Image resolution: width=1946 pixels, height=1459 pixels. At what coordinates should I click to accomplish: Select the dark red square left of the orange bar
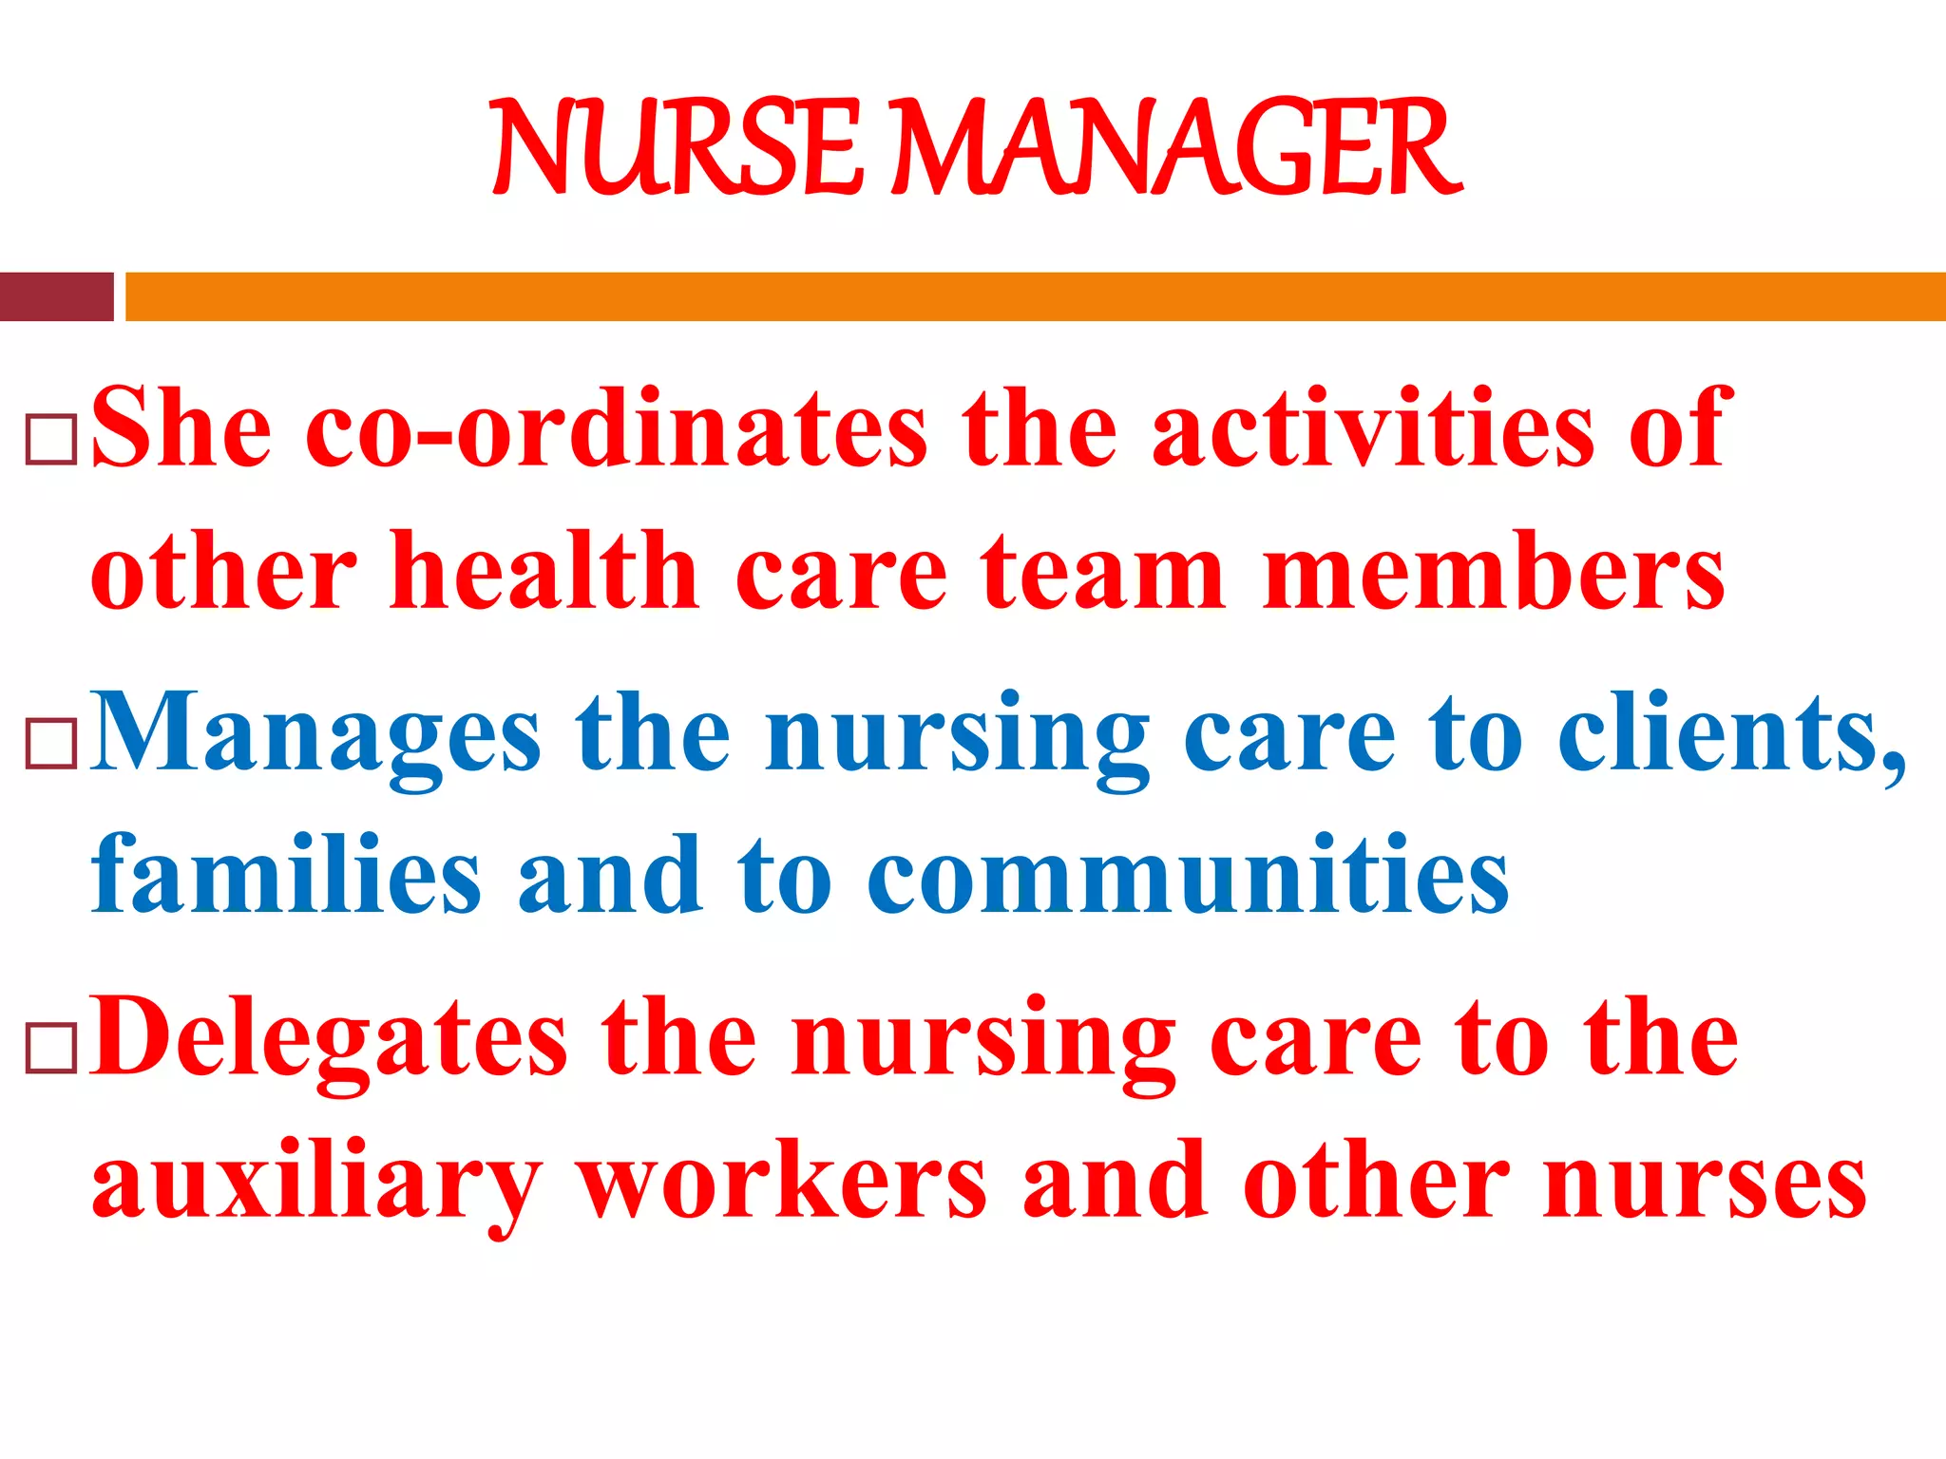(x=56, y=296)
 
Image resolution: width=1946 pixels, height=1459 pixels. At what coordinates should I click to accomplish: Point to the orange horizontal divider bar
(x=1036, y=296)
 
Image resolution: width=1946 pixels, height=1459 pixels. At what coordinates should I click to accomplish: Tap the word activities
(x=1373, y=429)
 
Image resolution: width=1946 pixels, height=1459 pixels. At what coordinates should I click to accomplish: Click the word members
(x=1493, y=572)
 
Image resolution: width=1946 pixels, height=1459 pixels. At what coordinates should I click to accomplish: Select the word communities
(x=1188, y=876)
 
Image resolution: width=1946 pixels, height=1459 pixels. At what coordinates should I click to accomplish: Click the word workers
(x=785, y=1183)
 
